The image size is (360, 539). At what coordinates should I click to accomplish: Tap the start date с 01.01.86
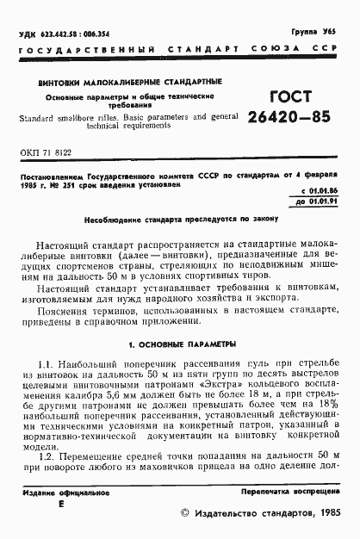(x=316, y=212)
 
